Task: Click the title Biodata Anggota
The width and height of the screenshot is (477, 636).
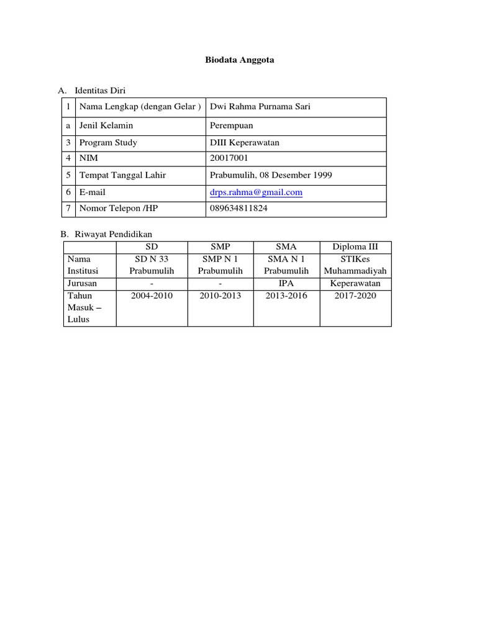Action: (239, 60)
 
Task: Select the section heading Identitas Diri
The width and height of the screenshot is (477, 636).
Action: (100, 91)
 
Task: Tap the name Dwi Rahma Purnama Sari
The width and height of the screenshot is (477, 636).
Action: (260, 107)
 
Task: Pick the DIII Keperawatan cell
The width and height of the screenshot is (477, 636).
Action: (245, 143)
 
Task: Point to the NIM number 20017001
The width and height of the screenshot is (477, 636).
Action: (229, 158)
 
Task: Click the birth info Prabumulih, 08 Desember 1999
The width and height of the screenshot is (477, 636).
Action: (271, 175)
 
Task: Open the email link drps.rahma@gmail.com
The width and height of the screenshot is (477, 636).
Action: (256, 193)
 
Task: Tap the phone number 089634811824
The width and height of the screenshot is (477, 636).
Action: (239, 208)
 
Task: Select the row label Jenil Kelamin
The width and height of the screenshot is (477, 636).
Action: (106, 125)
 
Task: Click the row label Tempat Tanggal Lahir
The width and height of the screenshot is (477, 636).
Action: (122, 175)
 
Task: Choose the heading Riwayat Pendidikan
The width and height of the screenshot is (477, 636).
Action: (113, 234)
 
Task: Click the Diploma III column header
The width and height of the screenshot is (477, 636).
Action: (355, 247)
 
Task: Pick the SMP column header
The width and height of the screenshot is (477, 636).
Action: (220, 247)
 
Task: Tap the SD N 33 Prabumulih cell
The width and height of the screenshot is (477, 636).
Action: (152, 265)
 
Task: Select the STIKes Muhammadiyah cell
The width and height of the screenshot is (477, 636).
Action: (355, 265)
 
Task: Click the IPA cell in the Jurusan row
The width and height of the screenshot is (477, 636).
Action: (286, 283)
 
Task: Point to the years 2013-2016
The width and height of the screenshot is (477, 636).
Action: (286, 296)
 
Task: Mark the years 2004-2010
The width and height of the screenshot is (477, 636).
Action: (152, 296)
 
